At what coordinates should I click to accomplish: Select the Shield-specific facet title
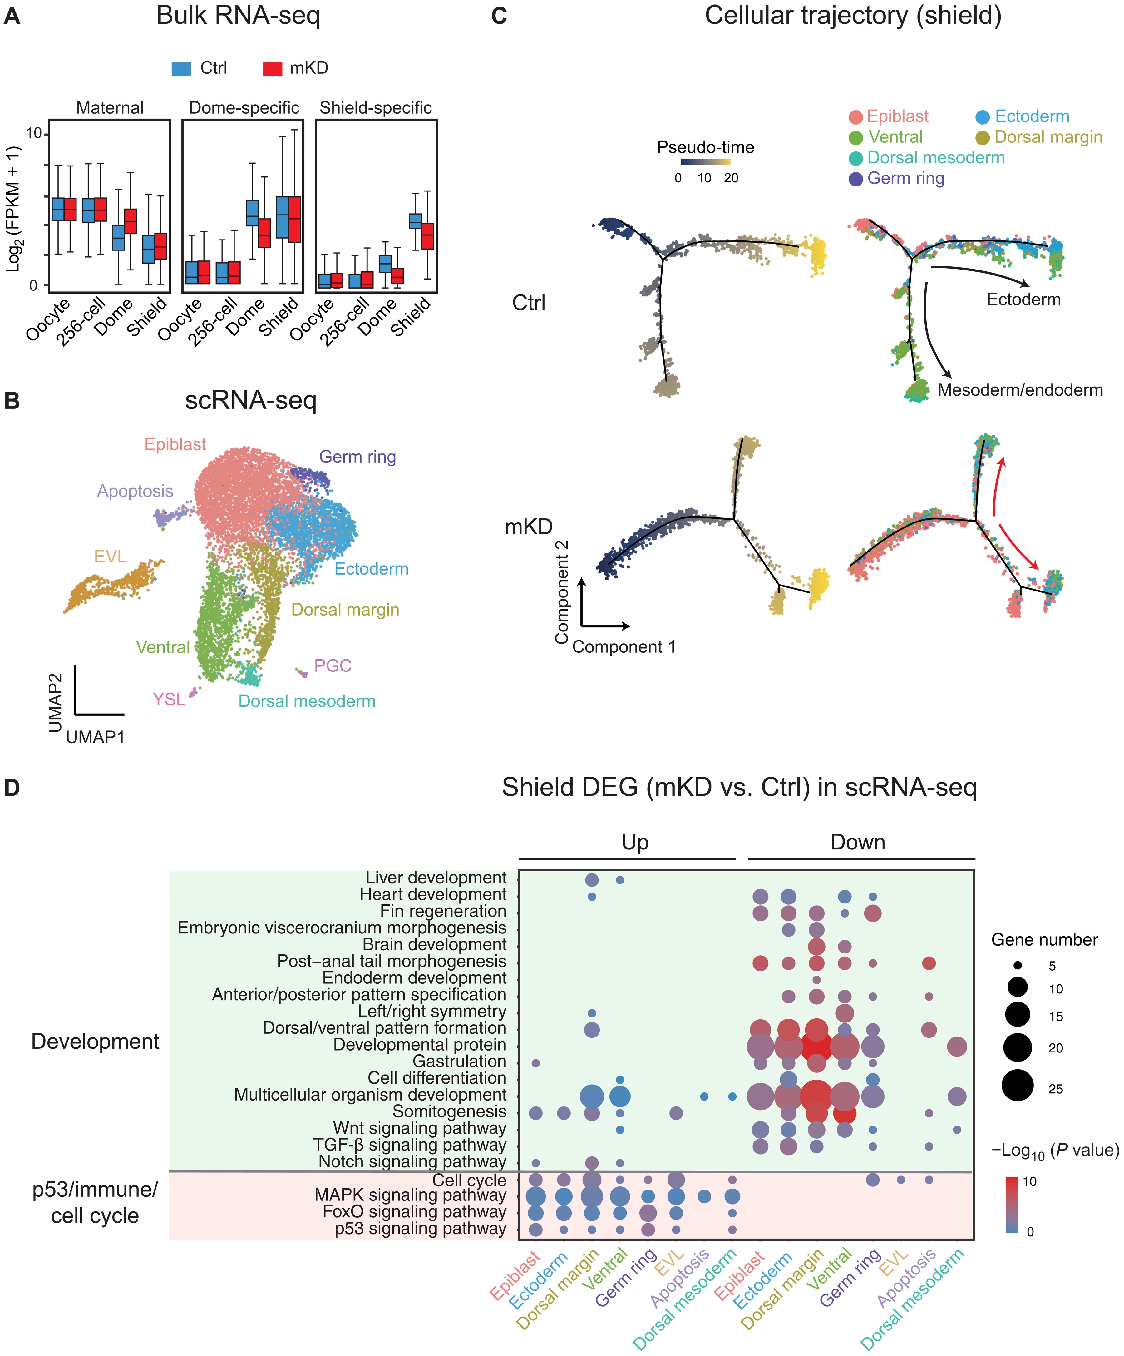pos(376,108)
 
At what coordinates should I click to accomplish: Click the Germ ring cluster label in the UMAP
pos(358,457)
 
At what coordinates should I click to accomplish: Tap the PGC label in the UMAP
pos(333,666)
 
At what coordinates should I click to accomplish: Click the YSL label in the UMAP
pos(169,699)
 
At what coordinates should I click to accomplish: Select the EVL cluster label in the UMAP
pos(110,557)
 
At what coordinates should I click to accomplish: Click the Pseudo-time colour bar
pos(706,161)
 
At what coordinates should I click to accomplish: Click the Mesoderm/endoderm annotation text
pos(1020,390)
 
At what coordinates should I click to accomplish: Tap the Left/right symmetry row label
pos(432,1011)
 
